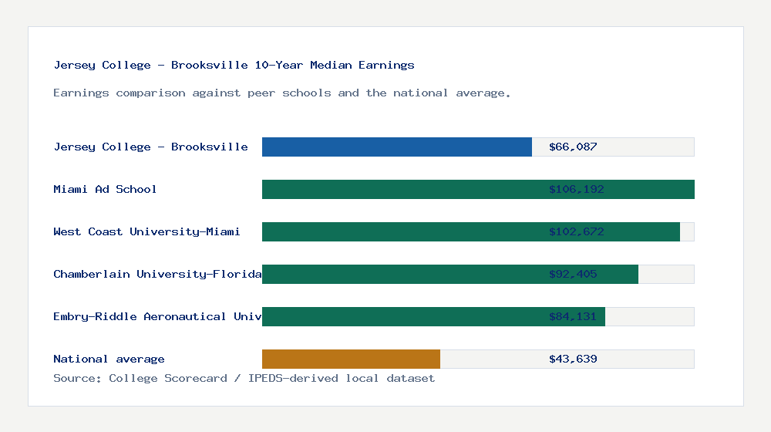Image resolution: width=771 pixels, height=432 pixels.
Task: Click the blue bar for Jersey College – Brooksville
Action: (397, 147)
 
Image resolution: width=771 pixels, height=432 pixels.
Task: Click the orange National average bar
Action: (351, 359)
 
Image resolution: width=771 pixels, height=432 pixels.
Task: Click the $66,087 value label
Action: (573, 147)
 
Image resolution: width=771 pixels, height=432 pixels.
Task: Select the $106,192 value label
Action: (576, 189)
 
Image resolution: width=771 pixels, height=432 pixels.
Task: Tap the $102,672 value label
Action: (576, 231)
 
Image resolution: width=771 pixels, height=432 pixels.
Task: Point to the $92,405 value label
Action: (573, 274)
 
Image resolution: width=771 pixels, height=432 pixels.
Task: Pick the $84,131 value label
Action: (573, 316)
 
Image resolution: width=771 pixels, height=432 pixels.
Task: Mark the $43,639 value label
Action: (573, 359)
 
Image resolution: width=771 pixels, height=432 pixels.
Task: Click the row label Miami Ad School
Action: (105, 189)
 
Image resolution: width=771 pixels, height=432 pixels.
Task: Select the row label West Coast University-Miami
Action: (146, 231)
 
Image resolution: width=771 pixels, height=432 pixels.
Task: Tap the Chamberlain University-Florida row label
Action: (157, 274)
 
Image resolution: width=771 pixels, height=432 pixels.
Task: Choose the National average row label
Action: (109, 359)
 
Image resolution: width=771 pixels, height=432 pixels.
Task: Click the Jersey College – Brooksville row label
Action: (150, 147)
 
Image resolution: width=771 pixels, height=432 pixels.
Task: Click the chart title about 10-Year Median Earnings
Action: (234, 65)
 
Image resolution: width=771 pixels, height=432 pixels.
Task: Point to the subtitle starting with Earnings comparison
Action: (281, 93)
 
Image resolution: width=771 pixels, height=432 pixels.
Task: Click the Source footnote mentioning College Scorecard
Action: (244, 378)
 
